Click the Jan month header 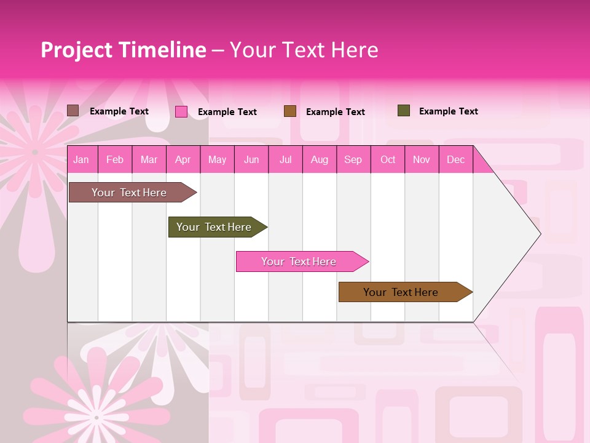(81, 159)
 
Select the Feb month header (115, 159)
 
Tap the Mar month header (149, 159)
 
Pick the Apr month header (183, 159)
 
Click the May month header (217, 159)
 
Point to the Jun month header (251, 159)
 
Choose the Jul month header (285, 159)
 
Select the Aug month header (320, 159)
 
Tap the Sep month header (353, 159)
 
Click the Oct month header (388, 159)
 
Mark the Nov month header (422, 159)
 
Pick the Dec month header (455, 159)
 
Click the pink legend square (181, 111)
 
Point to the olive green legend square (404, 111)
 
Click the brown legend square (290, 111)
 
